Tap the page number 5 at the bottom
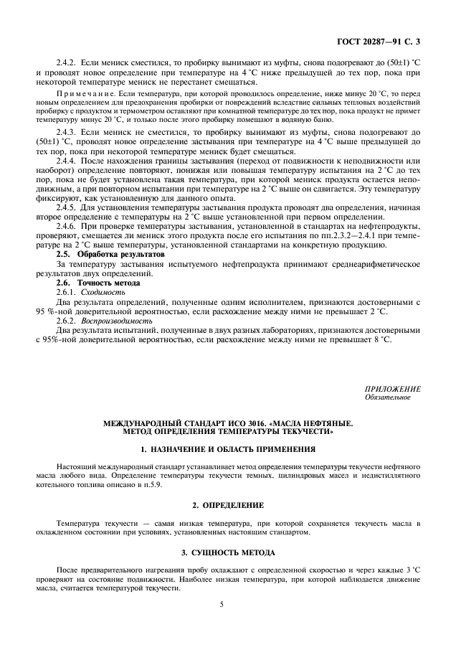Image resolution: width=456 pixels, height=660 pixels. (x=222, y=604)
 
